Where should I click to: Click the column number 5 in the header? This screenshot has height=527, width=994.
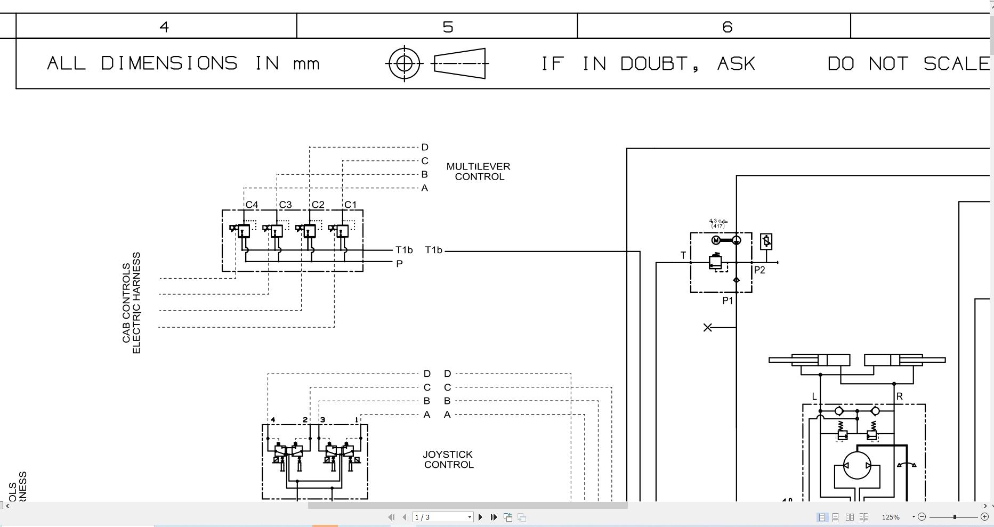click(448, 27)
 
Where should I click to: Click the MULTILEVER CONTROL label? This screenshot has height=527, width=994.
click(478, 172)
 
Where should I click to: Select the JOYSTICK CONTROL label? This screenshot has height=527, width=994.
click(448, 459)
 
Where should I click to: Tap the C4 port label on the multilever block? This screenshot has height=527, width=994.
click(252, 205)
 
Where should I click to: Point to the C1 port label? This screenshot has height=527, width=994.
click(350, 205)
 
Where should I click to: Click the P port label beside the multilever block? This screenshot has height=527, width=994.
click(399, 264)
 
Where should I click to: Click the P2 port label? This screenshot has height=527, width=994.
click(759, 270)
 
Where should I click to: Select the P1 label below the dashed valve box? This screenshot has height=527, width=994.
click(728, 301)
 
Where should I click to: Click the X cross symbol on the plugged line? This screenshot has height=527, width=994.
click(707, 327)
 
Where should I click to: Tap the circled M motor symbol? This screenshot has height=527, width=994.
click(716, 240)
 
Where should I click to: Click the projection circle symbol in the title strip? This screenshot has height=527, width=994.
click(404, 63)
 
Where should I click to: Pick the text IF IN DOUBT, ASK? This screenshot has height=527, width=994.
click(648, 64)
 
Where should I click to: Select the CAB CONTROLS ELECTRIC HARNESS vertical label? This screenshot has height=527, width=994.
click(131, 303)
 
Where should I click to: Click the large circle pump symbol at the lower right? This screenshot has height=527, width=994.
click(856, 465)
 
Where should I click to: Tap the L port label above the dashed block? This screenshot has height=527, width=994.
click(814, 396)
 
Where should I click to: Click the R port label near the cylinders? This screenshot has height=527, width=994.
click(900, 396)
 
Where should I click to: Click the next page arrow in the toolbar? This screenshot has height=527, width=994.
click(480, 517)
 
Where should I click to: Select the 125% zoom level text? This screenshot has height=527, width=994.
click(890, 517)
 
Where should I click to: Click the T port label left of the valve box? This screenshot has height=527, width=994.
click(683, 256)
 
